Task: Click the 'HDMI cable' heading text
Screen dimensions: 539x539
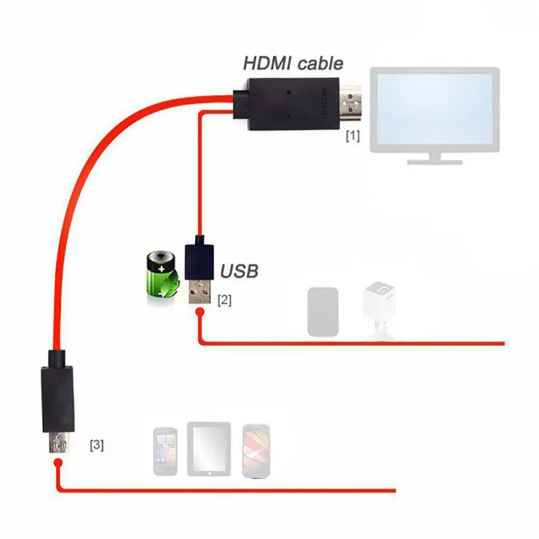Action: click(x=293, y=63)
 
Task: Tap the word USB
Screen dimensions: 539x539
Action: click(x=239, y=271)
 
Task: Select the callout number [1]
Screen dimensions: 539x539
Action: click(x=352, y=136)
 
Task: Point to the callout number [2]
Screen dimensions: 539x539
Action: click(x=224, y=300)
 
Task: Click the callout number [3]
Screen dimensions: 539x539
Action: click(x=97, y=445)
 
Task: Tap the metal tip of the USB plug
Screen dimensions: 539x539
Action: click(x=199, y=292)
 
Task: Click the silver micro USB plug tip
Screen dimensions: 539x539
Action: click(x=58, y=443)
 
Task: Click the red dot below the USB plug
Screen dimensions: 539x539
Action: click(x=199, y=312)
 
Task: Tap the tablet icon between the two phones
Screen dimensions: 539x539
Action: click(x=209, y=449)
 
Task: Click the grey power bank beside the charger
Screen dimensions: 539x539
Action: click(x=323, y=312)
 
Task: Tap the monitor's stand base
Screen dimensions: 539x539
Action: click(x=434, y=160)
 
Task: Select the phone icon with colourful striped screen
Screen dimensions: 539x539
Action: click(x=256, y=451)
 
